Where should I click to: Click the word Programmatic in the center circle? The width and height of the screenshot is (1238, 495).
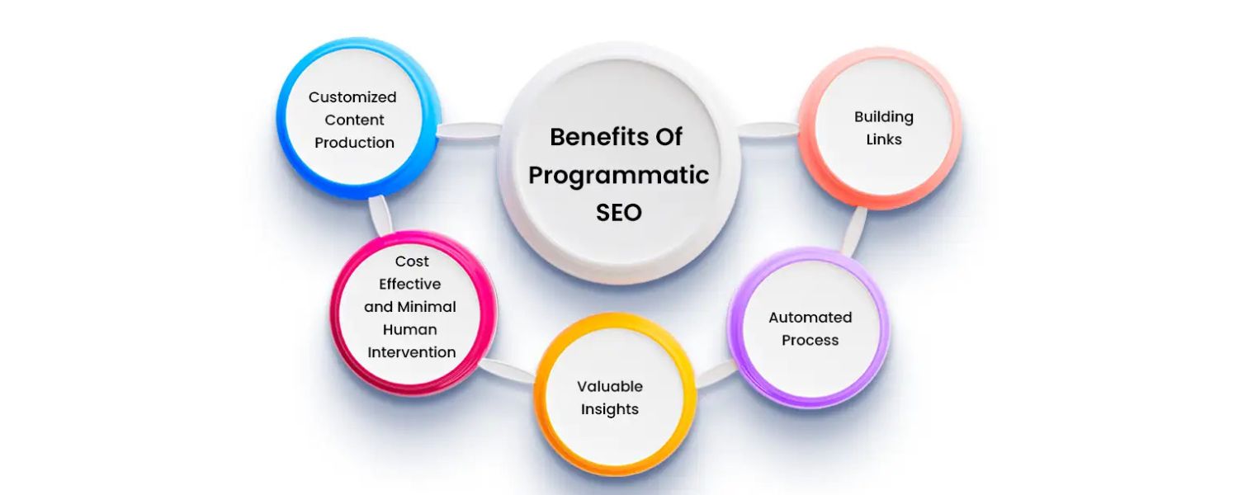point(619,175)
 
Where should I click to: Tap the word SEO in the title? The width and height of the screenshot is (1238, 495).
point(619,212)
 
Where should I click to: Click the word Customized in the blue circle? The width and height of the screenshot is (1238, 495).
point(352,97)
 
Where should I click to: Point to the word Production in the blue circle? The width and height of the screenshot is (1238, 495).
point(354,143)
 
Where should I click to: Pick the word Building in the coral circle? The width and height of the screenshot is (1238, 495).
point(884,117)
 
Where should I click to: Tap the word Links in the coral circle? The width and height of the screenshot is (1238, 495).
point(884,139)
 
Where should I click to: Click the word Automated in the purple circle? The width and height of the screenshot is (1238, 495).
point(810,318)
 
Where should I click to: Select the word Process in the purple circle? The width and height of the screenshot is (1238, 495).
point(810,340)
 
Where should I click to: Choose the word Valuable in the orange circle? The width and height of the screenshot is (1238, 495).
point(610,386)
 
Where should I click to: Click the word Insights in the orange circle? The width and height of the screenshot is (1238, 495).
point(610,409)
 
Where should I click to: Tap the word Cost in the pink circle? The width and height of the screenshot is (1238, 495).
point(412,262)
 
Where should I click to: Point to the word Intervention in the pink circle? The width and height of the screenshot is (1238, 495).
point(412,352)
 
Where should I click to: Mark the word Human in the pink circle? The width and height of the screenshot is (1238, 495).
point(412,329)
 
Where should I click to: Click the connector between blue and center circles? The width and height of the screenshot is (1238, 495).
point(468,131)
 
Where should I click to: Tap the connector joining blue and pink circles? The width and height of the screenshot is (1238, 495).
point(380,214)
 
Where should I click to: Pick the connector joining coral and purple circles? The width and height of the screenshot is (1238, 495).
point(855,230)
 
